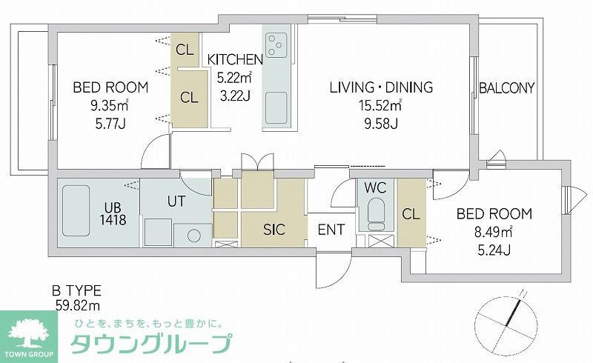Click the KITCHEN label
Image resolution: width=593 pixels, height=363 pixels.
tap(234, 59)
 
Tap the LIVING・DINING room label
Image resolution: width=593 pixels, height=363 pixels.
tap(381, 87)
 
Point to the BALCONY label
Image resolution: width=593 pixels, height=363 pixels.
tap(506, 87)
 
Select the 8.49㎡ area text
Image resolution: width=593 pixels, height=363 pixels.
tap(494, 232)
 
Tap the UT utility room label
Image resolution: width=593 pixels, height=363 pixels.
tap(176, 200)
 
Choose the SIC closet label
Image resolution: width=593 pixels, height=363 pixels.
tap(274, 229)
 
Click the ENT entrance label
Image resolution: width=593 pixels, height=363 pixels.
tap(331, 230)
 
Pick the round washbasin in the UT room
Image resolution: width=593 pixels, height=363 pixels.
tap(194, 235)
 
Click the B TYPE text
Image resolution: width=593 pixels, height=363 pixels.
tap(76, 290)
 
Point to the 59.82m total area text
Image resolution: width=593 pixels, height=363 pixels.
tap(78, 304)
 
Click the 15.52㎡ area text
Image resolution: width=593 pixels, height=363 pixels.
tap(380, 106)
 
